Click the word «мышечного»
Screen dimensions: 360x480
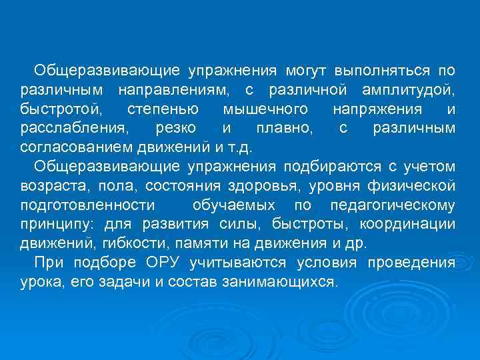tap(265, 109)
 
